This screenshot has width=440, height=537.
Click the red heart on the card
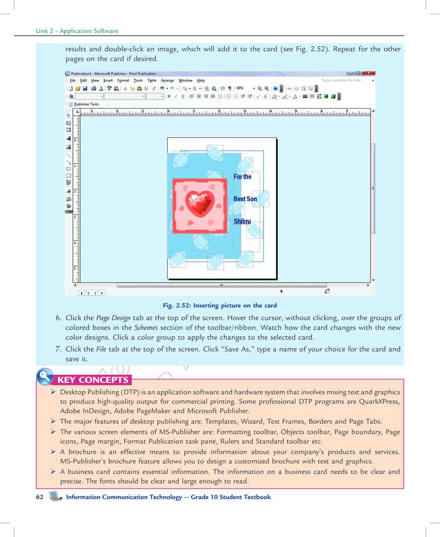pos(200,203)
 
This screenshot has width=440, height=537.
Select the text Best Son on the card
pos(245,199)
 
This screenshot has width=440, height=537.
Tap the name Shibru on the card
pos(242,222)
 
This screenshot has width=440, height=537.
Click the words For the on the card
pos(242,177)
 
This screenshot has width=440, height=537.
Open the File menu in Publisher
pos(72,80)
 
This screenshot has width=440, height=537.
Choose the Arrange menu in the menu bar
pos(167,80)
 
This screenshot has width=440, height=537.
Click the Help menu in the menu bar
pos(201,80)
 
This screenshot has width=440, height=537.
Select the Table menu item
pos(152,80)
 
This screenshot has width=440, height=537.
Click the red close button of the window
pos(369,73)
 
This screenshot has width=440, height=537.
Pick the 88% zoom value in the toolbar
pos(241,89)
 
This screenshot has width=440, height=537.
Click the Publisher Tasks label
pos(87,104)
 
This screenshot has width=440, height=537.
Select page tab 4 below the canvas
pos(102,293)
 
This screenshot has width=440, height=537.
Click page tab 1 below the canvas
pos(81,293)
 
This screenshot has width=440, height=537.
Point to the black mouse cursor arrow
pos(282,291)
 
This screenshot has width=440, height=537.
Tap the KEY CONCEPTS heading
pos(93,380)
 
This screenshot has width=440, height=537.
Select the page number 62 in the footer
pos(40,497)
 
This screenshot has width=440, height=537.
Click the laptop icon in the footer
pos(56,497)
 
